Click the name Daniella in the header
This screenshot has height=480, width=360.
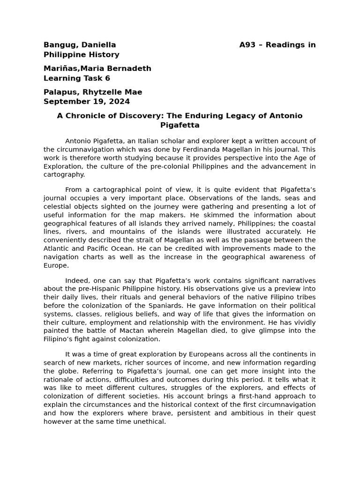[x=99, y=45]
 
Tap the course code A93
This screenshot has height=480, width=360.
[x=247, y=45]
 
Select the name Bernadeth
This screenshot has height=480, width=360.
[x=131, y=68]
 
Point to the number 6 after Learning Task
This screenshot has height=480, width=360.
[x=108, y=78]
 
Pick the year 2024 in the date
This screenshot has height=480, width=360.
[x=120, y=101]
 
